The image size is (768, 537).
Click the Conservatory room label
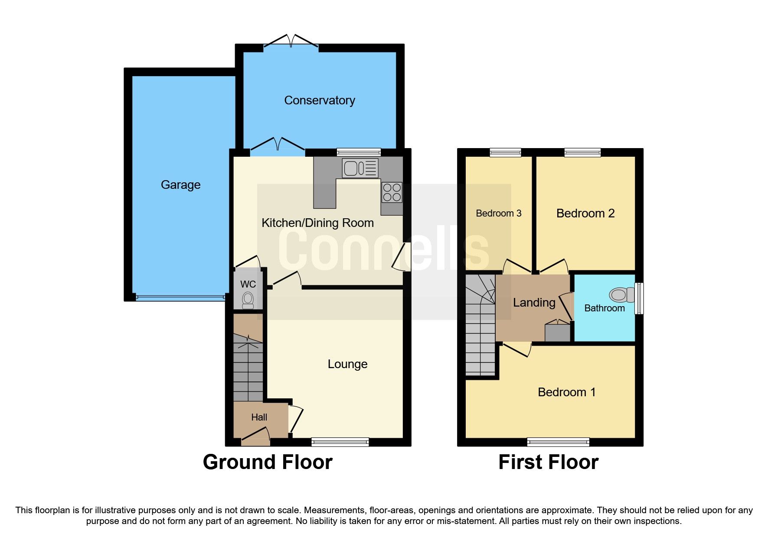pos(320,100)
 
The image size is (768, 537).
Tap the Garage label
pos(180,185)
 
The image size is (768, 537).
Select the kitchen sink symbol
pos(360,168)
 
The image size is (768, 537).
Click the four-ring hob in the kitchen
pos(392,193)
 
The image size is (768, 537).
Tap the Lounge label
pos(347,364)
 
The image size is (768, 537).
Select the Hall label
pos(259,417)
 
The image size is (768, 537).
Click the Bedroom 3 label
pos(498,214)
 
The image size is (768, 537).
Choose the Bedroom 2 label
pos(585,214)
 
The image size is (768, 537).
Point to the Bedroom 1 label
pos(566,392)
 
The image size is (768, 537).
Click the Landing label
pos(534,303)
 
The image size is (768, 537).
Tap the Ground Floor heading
pos(268,462)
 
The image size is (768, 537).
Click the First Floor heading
pos(548,462)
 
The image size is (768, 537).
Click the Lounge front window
pos(340,442)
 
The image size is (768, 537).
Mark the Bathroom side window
pos(639,298)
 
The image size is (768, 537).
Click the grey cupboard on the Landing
pos(557,332)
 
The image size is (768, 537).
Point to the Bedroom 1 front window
pos(558,442)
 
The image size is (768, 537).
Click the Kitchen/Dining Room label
pos(317,223)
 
